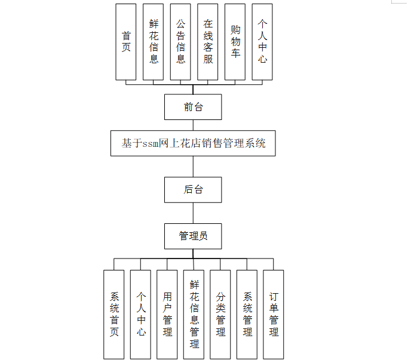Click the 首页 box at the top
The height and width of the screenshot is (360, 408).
click(126, 42)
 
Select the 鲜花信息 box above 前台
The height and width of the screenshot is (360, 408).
click(154, 42)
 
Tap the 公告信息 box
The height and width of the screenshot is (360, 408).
click(180, 42)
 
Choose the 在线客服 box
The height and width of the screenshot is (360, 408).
click(208, 42)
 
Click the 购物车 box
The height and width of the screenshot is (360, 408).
click(235, 42)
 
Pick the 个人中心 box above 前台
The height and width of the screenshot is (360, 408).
click(262, 42)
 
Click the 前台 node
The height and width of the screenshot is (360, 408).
click(193, 107)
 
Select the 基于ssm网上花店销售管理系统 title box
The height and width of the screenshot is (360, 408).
click(193, 143)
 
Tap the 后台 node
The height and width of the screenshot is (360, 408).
click(193, 190)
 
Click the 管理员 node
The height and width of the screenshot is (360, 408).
click(193, 236)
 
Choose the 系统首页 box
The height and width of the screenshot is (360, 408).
click(114, 314)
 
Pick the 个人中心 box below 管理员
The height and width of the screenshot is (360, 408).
click(141, 314)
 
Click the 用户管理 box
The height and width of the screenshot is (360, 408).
click(167, 314)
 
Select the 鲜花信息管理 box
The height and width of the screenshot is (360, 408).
click(194, 314)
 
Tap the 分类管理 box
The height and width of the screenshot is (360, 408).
click(220, 314)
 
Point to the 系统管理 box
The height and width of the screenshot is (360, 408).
click(247, 314)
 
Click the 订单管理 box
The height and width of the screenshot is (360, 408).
click(274, 314)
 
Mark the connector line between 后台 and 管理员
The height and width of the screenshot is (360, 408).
click(193, 213)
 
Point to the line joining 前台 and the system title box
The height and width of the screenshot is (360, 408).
click(193, 125)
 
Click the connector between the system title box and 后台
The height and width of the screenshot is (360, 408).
click(193, 167)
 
